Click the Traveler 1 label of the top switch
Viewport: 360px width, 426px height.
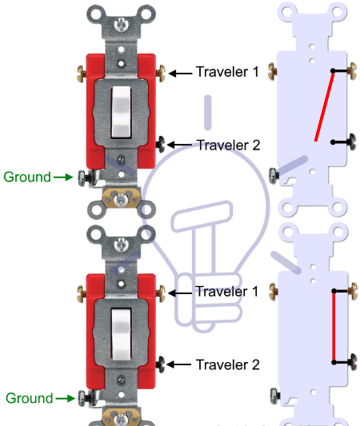227,72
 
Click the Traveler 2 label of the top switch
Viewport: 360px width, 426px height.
228,145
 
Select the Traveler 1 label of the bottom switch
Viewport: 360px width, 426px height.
227,292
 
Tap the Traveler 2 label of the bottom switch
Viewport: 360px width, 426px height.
228,364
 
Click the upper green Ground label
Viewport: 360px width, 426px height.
27,177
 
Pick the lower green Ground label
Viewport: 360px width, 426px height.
30,399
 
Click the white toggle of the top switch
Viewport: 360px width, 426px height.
121,112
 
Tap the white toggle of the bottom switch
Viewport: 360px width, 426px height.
122,334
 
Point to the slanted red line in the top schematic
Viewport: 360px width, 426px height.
324,107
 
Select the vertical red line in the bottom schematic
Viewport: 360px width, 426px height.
334,327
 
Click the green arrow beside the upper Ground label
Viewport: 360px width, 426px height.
63,177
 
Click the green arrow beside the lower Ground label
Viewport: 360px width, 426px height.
66,399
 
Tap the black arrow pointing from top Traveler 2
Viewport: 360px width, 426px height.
180,145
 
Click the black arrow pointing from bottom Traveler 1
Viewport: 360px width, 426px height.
180,293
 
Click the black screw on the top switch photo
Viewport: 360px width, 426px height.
161,144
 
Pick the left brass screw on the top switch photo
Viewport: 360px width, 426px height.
82,74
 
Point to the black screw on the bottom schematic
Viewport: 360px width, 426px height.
352,362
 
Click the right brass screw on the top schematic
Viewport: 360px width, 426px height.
352,71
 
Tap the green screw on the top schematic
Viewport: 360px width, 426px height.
274,175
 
